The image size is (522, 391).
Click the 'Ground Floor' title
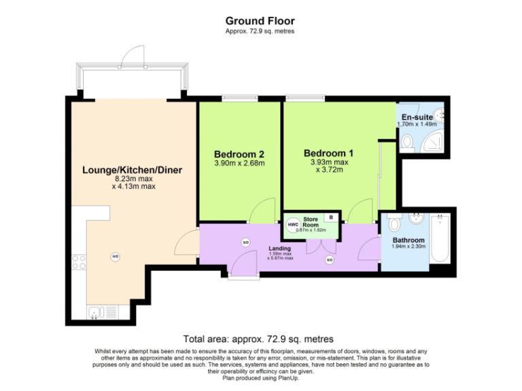(x=260, y=21)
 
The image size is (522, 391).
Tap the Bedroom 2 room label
(x=239, y=153)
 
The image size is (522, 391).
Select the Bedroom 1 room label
(x=328, y=153)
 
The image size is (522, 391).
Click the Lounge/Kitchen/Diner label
(x=132, y=170)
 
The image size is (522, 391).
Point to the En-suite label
(x=413, y=117)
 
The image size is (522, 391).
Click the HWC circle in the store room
(x=293, y=224)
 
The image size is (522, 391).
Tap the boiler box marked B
(x=331, y=217)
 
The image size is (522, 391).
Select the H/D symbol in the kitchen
(x=115, y=257)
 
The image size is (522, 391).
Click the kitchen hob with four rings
(x=79, y=262)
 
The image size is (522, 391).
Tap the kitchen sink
(x=95, y=312)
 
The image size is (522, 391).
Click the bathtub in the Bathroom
(x=439, y=238)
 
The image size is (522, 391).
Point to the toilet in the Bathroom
(x=394, y=223)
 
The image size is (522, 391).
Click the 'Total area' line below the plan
(x=258, y=339)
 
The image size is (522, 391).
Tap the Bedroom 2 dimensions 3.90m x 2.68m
(x=239, y=163)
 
